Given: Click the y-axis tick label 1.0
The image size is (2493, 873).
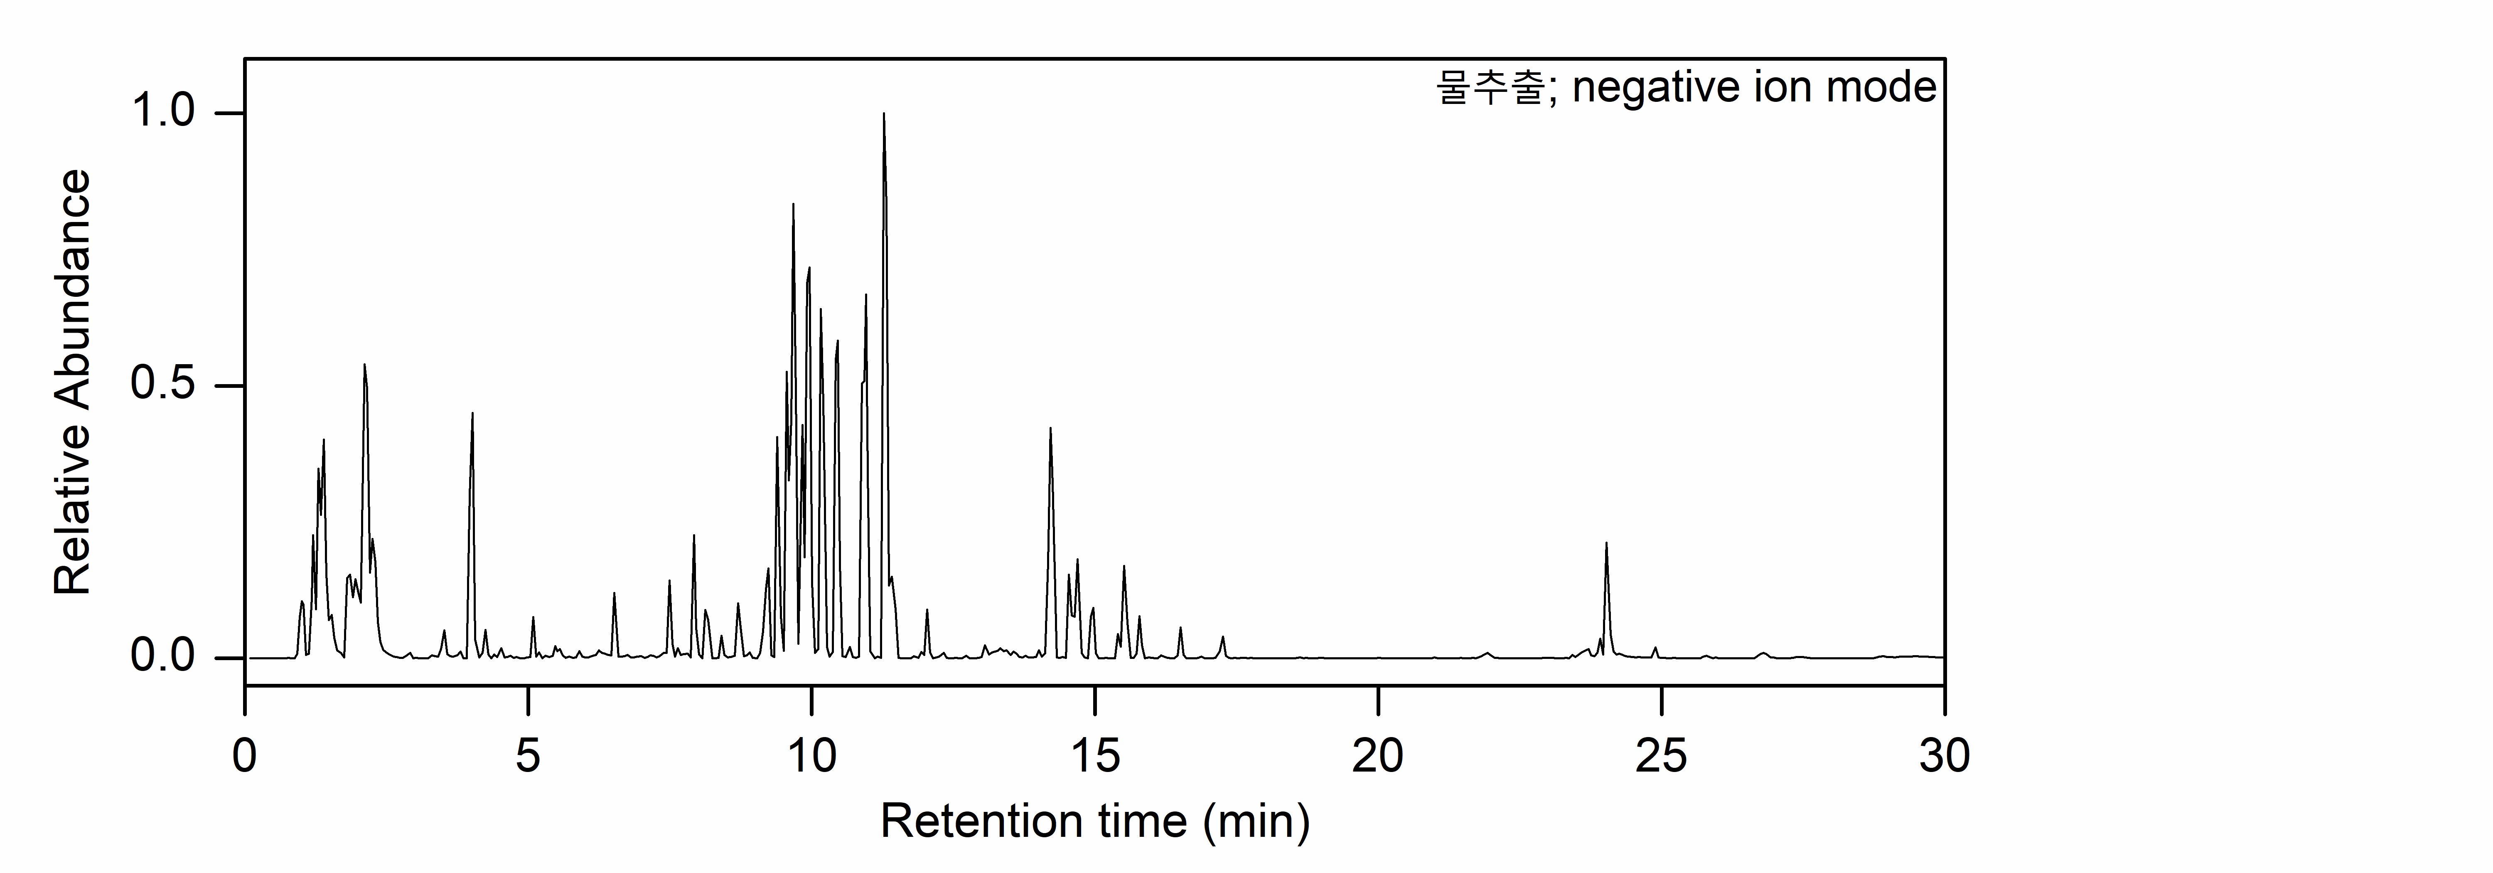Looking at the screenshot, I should click(162, 112).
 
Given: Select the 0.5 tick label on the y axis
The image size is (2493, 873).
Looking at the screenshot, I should click(162, 385).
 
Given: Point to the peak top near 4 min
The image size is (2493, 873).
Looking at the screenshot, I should click(472, 413).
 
